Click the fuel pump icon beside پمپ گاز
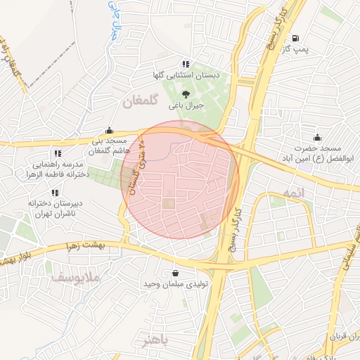(295, 38)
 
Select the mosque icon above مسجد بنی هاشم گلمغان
(109, 130)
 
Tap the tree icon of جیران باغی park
(186, 94)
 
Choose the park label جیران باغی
(186, 106)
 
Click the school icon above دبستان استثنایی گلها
(186, 63)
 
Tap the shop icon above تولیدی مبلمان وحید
(174, 273)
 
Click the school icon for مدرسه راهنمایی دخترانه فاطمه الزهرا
(58, 153)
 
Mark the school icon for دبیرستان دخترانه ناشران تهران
(54, 193)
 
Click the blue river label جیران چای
(113, 21)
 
